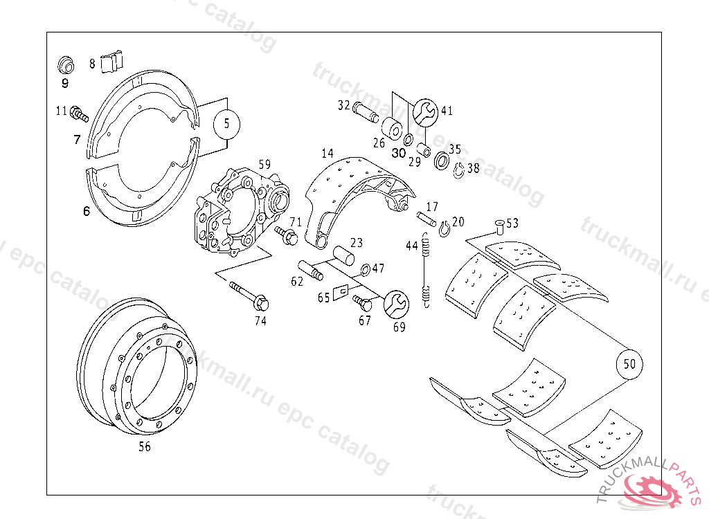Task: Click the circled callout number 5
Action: click(x=226, y=124)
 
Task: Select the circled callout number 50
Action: click(x=629, y=364)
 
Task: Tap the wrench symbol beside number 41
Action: click(x=425, y=112)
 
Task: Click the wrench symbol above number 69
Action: click(x=396, y=303)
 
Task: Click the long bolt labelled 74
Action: click(x=249, y=295)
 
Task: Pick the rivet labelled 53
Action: click(x=499, y=226)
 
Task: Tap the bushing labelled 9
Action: click(x=66, y=65)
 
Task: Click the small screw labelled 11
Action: click(x=80, y=114)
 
